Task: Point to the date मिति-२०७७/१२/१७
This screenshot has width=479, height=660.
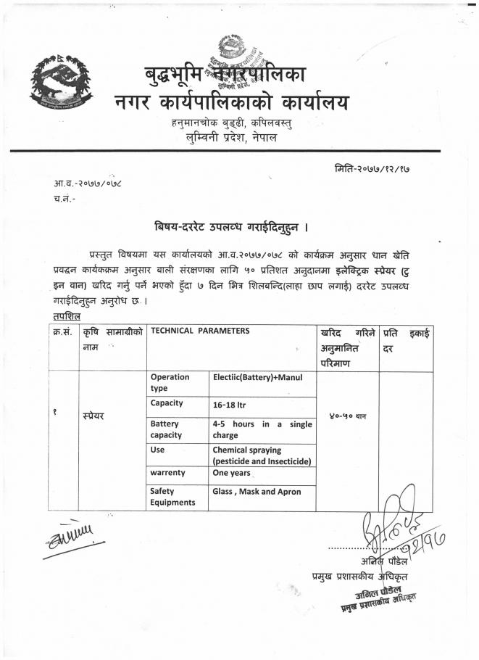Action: (377, 168)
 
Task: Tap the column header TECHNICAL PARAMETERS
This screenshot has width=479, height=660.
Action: (200, 331)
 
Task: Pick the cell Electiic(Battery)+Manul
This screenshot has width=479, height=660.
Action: (257, 377)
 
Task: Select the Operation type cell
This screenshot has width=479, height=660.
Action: (170, 382)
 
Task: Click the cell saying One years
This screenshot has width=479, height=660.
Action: (231, 473)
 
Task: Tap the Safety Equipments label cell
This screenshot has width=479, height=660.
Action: (172, 497)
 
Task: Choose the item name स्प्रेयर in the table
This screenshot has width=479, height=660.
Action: (93, 416)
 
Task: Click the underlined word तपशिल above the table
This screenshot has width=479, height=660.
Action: (66, 316)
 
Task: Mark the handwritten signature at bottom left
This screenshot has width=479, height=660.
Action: (72, 540)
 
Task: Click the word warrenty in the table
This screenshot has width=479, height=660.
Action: (168, 473)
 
